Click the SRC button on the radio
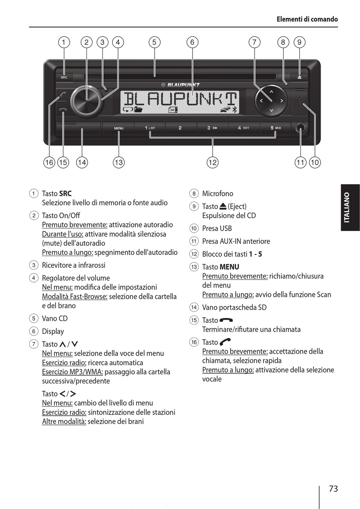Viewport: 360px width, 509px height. point(64,77)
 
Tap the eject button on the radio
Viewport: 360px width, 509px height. point(299,77)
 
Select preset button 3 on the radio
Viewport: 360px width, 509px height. point(212,128)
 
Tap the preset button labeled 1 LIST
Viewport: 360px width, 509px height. point(150,128)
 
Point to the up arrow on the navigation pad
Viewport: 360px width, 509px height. point(271,92)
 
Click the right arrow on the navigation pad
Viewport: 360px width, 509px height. point(282,101)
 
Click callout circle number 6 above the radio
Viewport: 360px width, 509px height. point(192,42)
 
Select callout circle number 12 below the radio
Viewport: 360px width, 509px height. point(213,162)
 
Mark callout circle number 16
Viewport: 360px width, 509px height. point(49,162)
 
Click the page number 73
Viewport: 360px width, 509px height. point(333,489)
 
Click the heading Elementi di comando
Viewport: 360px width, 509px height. point(307,19)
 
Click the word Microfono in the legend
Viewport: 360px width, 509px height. point(218,194)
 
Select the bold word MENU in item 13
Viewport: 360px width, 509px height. point(229,267)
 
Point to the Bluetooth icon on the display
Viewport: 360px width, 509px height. point(234,109)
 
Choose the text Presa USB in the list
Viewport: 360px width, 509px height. point(217,228)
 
